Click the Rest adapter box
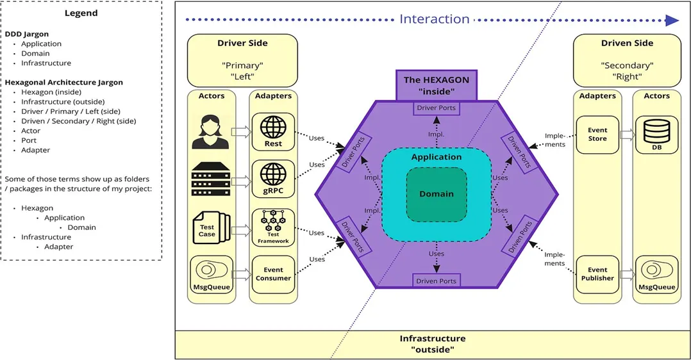[x=273, y=132]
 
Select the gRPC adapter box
[x=273, y=179]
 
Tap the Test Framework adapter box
[x=273, y=227]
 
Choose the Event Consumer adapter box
[x=273, y=274]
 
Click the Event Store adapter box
[x=597, y=135]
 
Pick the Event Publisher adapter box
[x=597, y=274]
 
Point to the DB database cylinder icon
[x=656, y=135]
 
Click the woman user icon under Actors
[x=211, y=131]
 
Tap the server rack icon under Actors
[x=211, y=179]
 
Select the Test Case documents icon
[x=210, y=227]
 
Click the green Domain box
[x=437, y=193]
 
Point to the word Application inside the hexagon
[x=437, y=157]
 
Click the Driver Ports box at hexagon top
[x=437, y=108]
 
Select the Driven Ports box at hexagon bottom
[x=437, y=281]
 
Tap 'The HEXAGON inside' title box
[x=437, y=85]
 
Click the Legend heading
[x=81, y=13]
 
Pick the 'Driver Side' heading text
[x=242, y=44]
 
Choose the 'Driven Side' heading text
[x=627, y=44]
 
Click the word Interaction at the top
[x=435, y=19]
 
